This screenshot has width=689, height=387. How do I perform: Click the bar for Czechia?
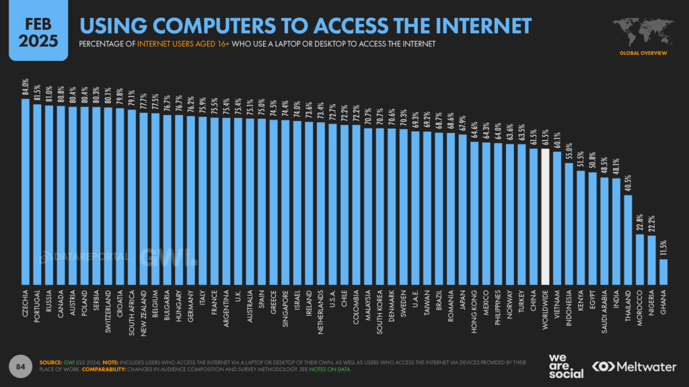click(x=26, y=191)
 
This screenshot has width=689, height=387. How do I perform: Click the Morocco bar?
click(x=640, y=259)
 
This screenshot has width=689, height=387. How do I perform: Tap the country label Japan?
click(x=463, y=299)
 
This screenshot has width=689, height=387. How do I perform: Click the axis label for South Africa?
click(x=132, y=309)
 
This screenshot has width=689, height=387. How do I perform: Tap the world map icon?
click(x=642, y=30)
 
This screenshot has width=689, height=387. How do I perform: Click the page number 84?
click(x=21, y=365)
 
